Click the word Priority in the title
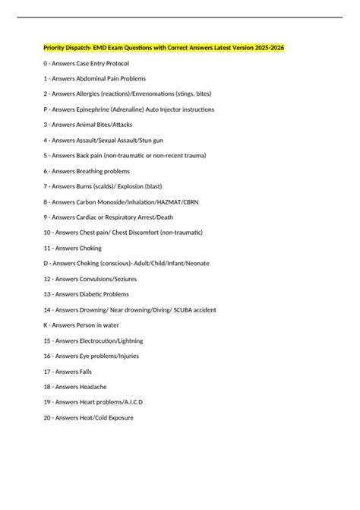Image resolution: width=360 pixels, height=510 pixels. [55, 47]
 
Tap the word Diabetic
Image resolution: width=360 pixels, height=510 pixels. [93, 294]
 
